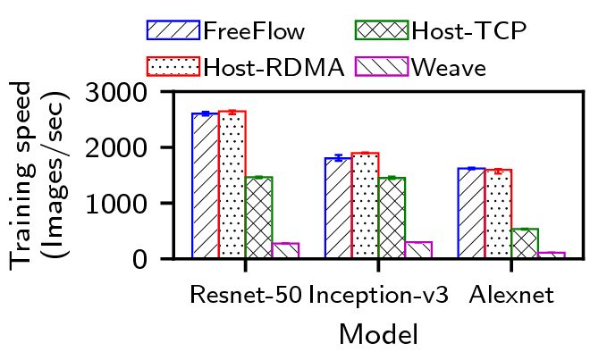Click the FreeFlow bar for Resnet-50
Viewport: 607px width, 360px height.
coord(205,186)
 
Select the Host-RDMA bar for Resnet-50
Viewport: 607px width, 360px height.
coord(232,185)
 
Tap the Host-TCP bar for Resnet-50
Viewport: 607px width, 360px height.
coord(258,218)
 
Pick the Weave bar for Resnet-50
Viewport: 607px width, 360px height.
coord(285,251)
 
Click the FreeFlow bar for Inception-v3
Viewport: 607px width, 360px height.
coord(338,208)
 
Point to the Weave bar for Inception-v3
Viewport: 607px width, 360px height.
coord(418,250)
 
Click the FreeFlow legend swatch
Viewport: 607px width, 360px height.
coord(173,30)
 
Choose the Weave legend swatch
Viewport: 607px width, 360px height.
coord(383,67)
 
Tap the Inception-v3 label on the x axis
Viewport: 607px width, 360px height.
coord(377,295)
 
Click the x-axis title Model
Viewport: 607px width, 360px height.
coord(378,335)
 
